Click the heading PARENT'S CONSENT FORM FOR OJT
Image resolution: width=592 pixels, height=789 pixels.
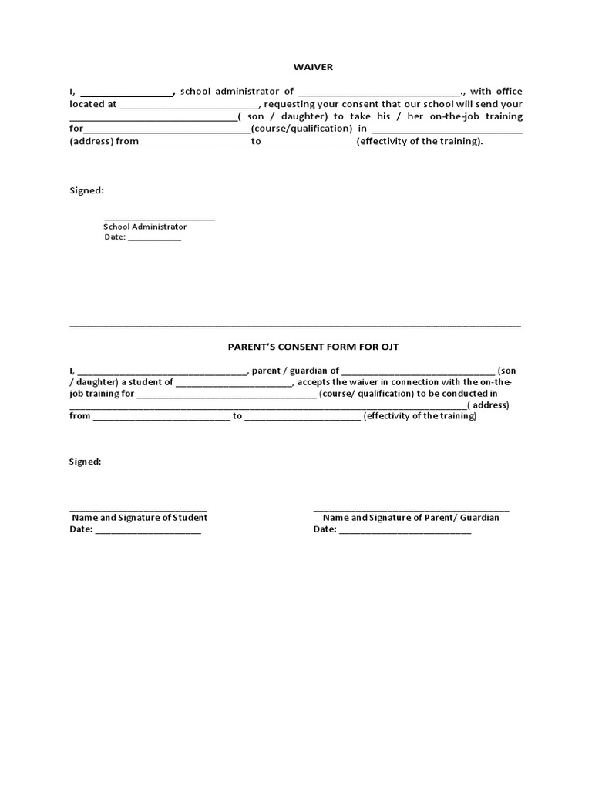tap(313, 347)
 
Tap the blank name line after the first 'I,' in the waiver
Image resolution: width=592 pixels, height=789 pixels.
tap(127, 93)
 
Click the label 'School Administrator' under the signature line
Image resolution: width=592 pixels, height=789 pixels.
tap(145, 227)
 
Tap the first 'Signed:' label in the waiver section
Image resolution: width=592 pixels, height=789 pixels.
tap(86, 190)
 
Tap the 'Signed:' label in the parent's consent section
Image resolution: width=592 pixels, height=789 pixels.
tap(86, 462)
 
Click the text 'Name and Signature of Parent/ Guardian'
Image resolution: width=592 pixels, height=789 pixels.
tap(411, 518)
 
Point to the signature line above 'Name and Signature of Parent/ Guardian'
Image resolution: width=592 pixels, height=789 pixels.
tap(411, 509)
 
